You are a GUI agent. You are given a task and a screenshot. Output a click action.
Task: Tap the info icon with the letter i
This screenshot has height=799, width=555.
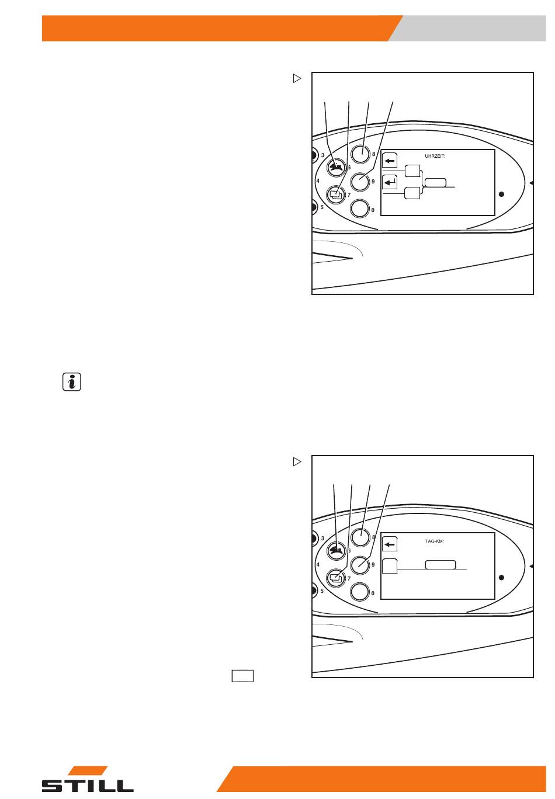coord(72,381)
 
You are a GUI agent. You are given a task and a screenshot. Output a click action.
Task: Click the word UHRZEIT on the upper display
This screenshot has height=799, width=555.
coord(435,156)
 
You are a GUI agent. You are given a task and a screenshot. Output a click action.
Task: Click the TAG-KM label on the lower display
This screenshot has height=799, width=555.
coord(434,541)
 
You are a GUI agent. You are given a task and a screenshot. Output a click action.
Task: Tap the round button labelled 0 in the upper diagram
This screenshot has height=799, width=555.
coord(359,209)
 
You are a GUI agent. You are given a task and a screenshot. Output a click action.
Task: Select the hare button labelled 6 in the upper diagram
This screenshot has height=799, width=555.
coord(337,168)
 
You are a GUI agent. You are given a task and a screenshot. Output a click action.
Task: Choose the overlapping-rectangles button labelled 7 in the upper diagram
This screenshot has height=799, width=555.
coord(336,194)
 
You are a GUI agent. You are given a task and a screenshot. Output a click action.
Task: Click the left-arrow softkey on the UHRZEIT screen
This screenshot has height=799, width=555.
coord(390,161)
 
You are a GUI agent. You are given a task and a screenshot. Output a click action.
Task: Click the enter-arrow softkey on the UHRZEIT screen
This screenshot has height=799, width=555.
coord(390,182)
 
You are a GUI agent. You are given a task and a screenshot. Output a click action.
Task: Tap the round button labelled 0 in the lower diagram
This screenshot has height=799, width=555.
coord(359,592)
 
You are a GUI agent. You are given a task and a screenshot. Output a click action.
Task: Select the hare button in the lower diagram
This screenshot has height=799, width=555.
coord(337,551)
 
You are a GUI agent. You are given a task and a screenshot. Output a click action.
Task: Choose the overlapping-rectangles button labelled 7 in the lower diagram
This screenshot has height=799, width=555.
coord(336,578)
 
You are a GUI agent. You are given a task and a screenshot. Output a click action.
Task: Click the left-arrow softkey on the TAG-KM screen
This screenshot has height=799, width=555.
coord(390,544)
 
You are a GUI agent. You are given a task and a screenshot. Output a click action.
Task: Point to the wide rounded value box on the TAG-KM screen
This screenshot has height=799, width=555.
coord(440,565)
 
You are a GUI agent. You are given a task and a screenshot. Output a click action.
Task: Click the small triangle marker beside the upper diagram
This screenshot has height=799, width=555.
coord(297,78)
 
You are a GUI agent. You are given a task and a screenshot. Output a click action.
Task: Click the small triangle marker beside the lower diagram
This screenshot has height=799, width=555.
coord(297,461)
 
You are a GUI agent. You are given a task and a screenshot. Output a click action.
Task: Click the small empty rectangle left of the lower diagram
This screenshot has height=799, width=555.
coord(242,676)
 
